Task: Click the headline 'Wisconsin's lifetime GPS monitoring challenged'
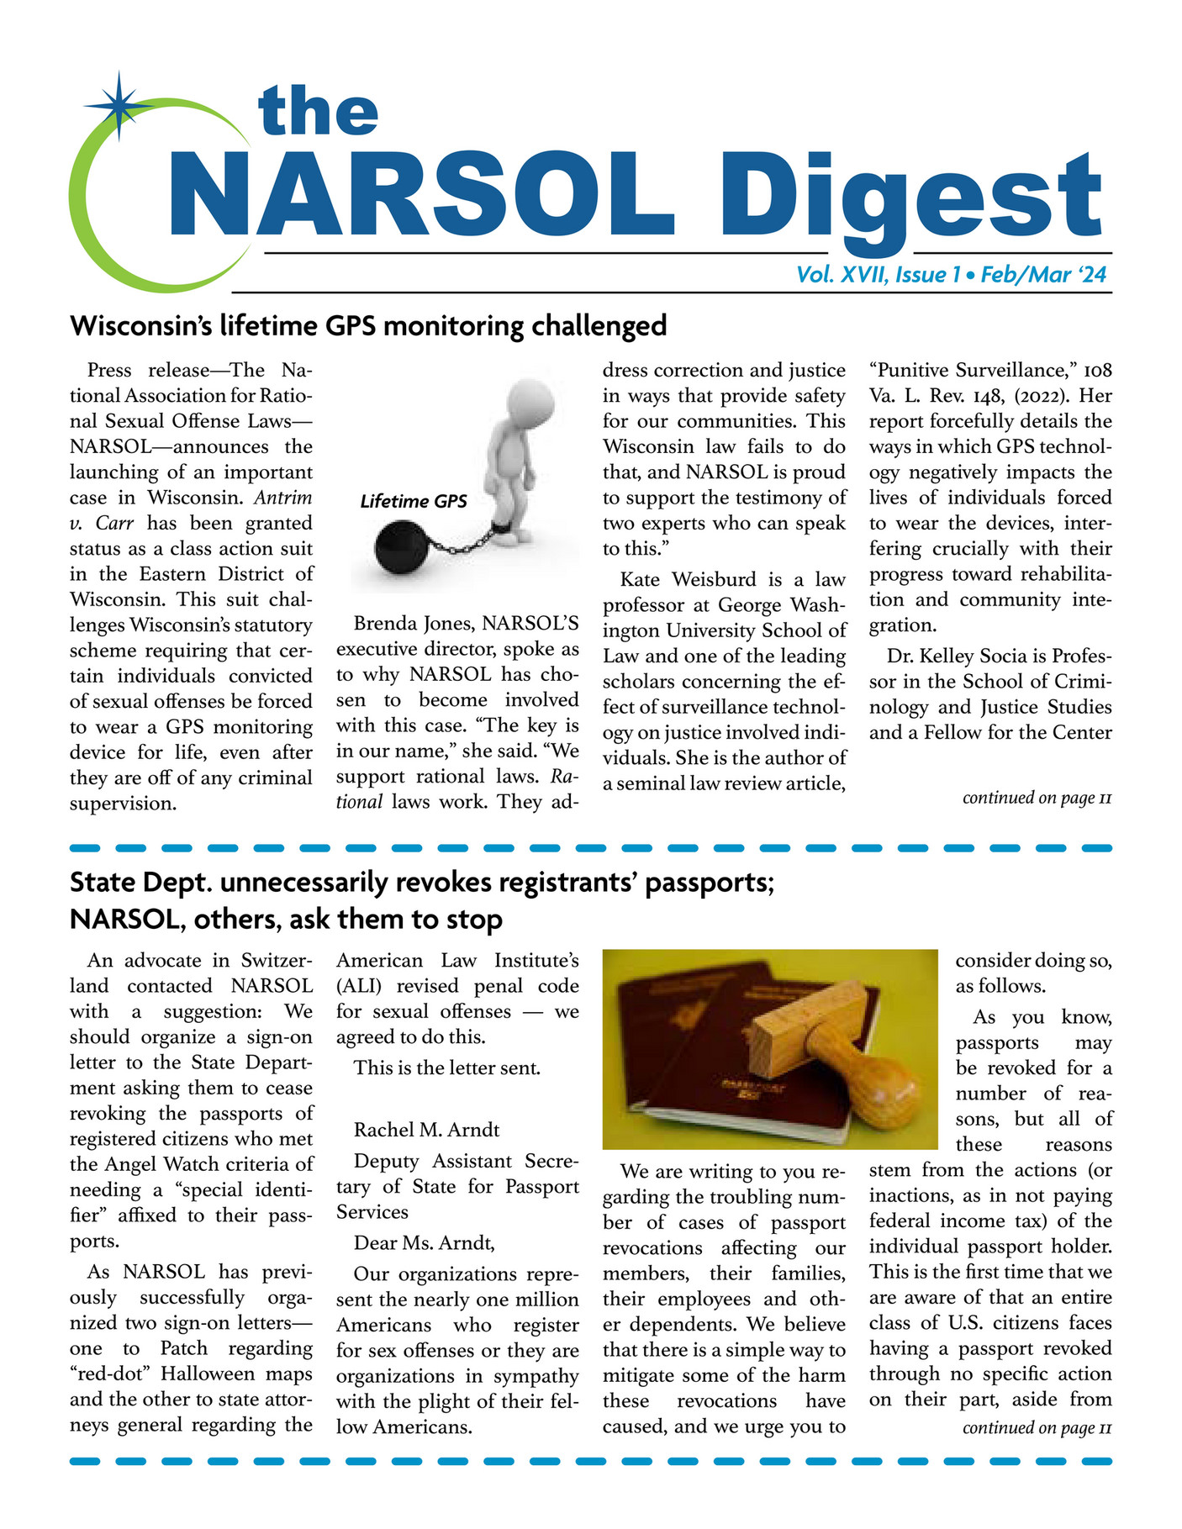click(x=368, y=325)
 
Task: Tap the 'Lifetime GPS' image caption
click(x=413, y=502)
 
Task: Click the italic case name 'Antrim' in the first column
click(x=282, y=498)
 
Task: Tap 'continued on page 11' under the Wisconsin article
click(x=1037, y=798)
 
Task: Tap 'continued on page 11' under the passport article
click(x=1037, y=1427)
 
